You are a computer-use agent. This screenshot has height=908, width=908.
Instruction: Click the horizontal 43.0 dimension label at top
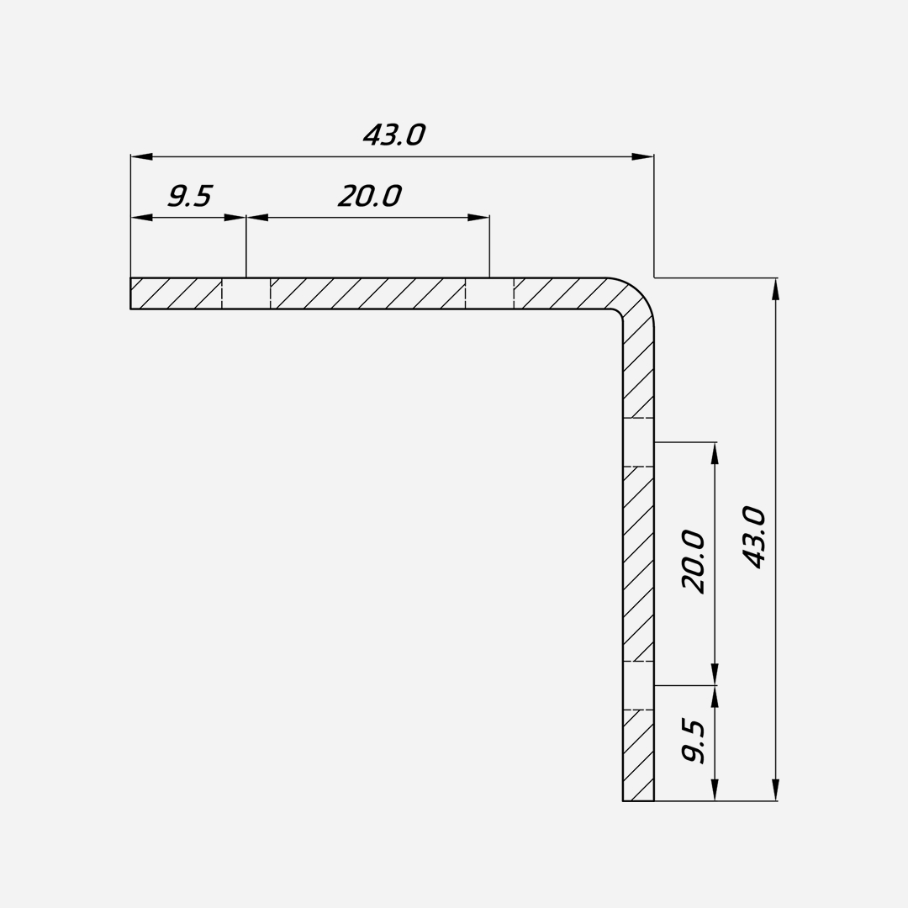(x=394, y=135)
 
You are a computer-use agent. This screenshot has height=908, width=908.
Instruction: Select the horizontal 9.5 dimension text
(x=190, y=196)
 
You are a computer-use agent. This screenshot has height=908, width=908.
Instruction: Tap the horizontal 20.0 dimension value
(x=369, y=196)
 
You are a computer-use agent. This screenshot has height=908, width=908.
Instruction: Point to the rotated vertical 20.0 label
(x=693, y=561)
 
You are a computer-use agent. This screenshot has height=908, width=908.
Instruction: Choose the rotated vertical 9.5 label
(x=693, y=742)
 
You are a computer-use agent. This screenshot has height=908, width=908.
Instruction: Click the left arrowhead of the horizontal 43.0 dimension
(x=142, y=156)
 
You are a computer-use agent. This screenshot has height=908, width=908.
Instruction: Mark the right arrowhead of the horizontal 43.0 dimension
(x=643, y=156)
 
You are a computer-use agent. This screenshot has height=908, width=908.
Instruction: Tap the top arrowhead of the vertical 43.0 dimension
(x=775, y=289)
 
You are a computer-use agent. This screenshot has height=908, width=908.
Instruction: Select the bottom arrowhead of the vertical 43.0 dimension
(x=775, y=790)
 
